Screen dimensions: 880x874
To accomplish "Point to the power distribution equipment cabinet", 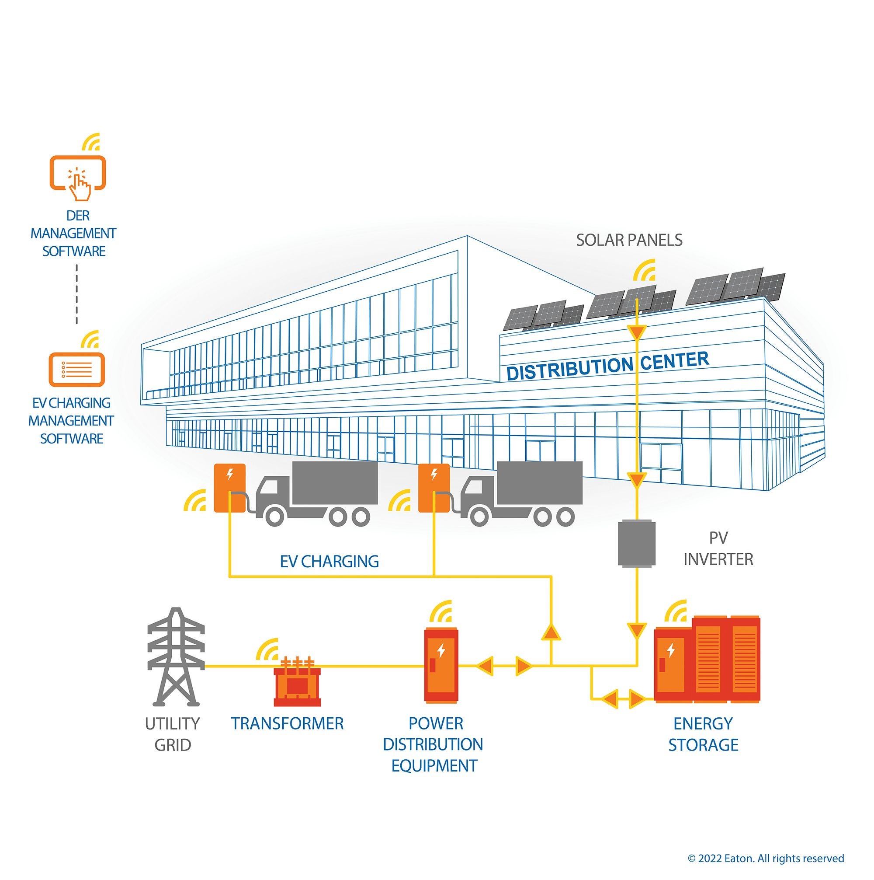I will (x=440, y=665).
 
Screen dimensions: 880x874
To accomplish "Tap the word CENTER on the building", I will (x=675, y=362).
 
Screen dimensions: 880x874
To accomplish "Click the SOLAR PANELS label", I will (x=629, y=240).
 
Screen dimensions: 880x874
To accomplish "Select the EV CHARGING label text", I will (x=329, y=562).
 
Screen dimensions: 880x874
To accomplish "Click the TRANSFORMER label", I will (x=287, y=723).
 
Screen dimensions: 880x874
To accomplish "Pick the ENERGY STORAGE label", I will (x=703, y=734).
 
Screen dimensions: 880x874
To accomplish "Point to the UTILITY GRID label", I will (x=173, y=734).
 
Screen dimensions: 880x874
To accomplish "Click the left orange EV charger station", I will (x=229, y=487).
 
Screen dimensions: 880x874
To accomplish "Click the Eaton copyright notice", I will (x=766, y=859).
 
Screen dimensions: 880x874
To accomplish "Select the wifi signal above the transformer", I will (x=267, y=650).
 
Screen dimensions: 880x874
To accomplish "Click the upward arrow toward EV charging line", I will (x=551, y=632).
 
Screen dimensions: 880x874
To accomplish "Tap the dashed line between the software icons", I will (x=76, y=294).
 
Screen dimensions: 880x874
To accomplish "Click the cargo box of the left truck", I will (x=335, y=483).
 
